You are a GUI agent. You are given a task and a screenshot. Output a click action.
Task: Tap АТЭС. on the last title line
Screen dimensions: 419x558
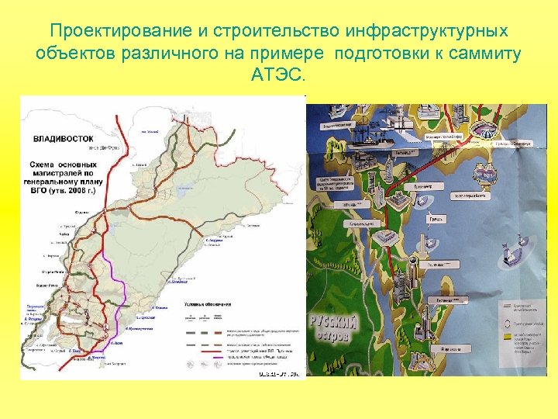279,76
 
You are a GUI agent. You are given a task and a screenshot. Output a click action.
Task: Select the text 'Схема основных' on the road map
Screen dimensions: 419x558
64,164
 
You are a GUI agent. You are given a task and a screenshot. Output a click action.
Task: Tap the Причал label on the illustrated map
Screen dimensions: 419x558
437,220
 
